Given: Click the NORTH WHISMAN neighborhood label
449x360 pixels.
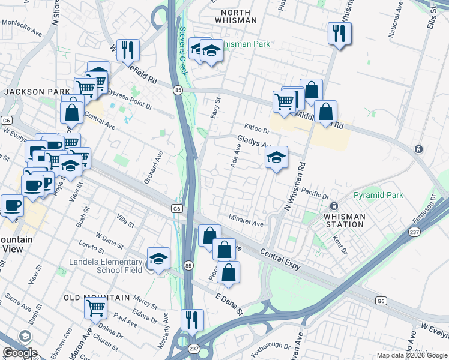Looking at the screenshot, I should [239, 16].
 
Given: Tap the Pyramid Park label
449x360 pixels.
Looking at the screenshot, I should [378, 196].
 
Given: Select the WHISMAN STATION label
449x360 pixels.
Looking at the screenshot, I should [344, 220].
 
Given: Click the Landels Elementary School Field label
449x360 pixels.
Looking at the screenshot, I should [106, 266].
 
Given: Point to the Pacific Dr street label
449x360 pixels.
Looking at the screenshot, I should [316, 193].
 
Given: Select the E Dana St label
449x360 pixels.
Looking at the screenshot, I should [229, 304].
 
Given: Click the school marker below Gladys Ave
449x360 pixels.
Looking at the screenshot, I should [276, 158].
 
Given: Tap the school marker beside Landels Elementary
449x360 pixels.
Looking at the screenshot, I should [158, 259].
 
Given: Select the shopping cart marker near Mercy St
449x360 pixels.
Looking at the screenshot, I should [96, 309].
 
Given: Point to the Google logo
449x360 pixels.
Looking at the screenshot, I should [19, 353].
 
